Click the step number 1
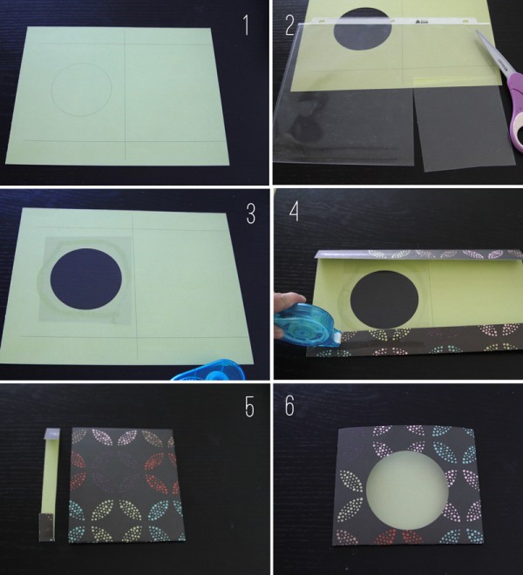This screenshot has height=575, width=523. [x=247, y=25]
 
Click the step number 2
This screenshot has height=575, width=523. [x=290, y=25]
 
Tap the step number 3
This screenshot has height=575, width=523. [x=251, y=213]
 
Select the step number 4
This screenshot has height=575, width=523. [x=294, y=211]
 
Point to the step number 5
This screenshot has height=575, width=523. [x=249, y=407]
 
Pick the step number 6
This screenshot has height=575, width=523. [x=289, y=406]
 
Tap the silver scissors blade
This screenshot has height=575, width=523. [x=492, y=53]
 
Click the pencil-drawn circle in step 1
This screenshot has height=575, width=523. [x=81, y=90]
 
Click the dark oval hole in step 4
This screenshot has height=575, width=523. [x=384, y=301]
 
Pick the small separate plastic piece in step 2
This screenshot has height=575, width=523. [x=458, y=127]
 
